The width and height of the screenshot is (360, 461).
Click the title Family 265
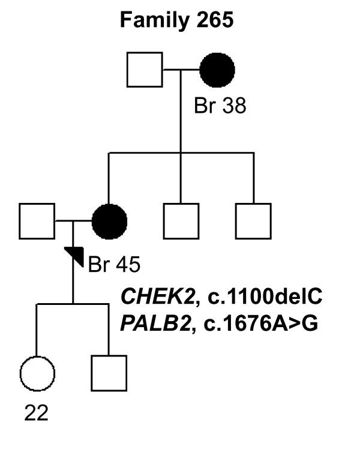click(x=177, y=20)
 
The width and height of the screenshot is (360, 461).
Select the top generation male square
click(x=145, y=70)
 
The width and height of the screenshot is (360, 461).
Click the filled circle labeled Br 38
click(x=217, y=70)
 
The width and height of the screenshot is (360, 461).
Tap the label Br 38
click(x=220, y=106)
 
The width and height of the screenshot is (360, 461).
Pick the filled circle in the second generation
click(x=109, y=221)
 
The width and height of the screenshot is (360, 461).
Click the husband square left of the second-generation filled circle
click(x=37, y=221)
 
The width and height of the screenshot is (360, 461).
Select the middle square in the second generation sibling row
click(x=181, y=221)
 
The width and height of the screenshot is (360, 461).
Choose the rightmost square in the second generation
click(x=253, y=221)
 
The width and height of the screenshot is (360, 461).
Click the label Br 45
click(x=114, y=264)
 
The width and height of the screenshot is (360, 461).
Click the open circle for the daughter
click(x=37, y=373)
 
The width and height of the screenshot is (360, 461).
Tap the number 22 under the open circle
click(x=37, y=413)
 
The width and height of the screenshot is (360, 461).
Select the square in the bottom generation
click(x=109, y=373)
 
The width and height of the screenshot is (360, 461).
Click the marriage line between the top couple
click(x=181, y=70)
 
